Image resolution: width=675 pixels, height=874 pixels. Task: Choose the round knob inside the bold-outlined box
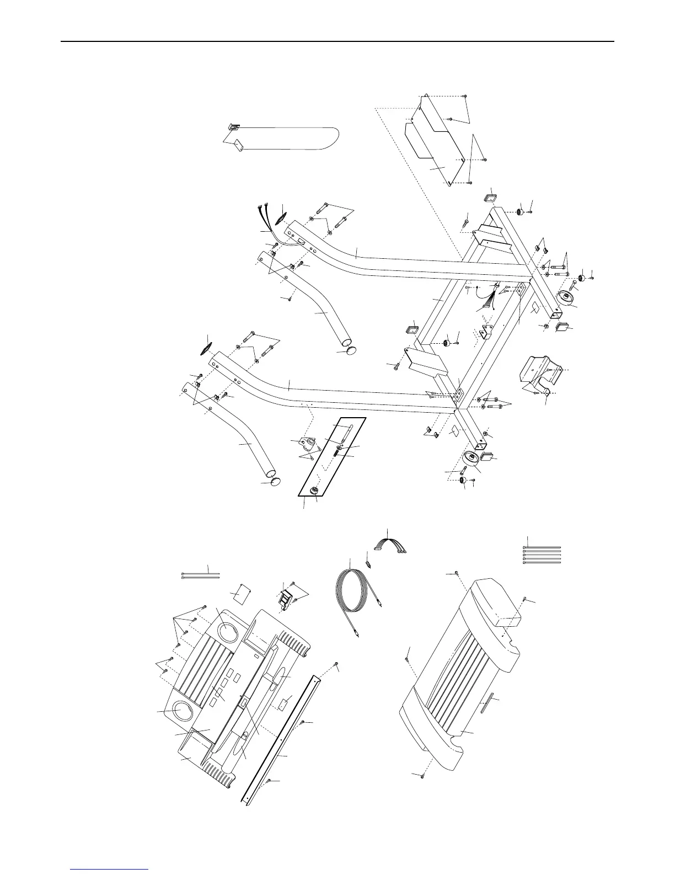[315, 491]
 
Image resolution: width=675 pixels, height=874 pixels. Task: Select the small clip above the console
[286, 598]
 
